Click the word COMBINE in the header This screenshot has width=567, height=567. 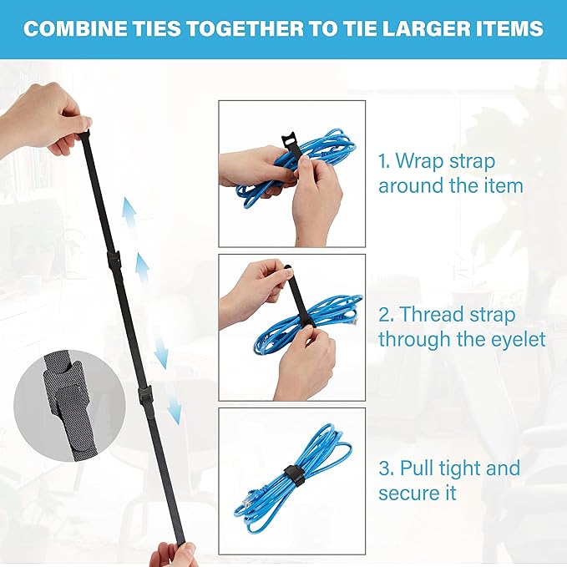(x=72, y=29)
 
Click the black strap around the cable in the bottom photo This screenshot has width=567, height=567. (x=292, y=476)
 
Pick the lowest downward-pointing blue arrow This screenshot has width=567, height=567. (x=174, y=408)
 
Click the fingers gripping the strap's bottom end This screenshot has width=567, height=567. (x=175, y=554)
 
